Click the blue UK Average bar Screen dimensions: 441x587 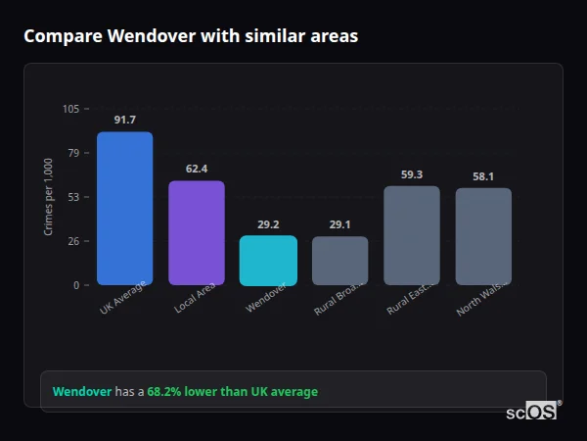124,208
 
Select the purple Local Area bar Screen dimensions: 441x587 197,232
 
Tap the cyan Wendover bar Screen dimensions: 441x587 268,260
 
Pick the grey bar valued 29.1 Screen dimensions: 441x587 340,261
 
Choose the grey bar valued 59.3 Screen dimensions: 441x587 412,235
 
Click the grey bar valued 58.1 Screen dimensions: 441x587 483,236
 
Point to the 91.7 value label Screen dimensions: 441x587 124,120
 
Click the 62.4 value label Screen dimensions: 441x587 197,169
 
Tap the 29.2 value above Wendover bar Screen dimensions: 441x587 268,224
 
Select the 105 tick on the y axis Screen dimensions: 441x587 71,109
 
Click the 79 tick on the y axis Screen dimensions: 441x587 74,153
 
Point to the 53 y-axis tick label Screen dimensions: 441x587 74,197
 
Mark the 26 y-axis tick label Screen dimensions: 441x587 74,241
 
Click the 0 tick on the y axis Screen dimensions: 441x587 77,285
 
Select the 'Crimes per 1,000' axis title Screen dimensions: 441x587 49,196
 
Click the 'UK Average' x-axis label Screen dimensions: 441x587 123,298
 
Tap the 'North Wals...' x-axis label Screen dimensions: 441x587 480,299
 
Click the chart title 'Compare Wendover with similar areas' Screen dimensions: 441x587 191,36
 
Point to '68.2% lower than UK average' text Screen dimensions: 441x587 233,392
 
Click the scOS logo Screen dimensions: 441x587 532,412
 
